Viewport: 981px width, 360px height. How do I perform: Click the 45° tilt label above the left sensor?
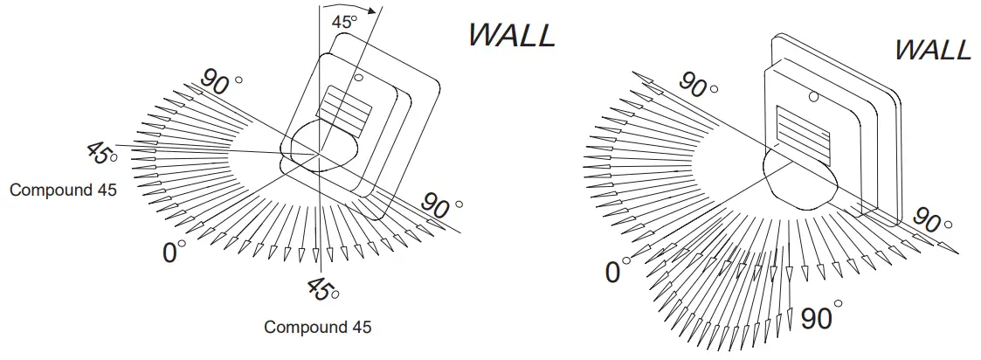(343, 23)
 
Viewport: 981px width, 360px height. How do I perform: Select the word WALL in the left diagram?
(511, 35)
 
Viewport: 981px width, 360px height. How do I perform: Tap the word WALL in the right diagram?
(932, 50)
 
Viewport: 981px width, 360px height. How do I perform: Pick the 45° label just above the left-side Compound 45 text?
(101, 155)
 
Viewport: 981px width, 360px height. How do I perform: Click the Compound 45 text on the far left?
(62, 190)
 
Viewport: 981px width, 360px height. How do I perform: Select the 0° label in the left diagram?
(175, 253)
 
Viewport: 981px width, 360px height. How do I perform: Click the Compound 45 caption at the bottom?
(317, 328)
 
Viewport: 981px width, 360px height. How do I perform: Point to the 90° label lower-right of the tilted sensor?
(441, 206)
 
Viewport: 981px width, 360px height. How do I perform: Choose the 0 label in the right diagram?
(613, 273)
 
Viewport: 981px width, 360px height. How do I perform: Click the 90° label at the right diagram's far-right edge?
(929, 222)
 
